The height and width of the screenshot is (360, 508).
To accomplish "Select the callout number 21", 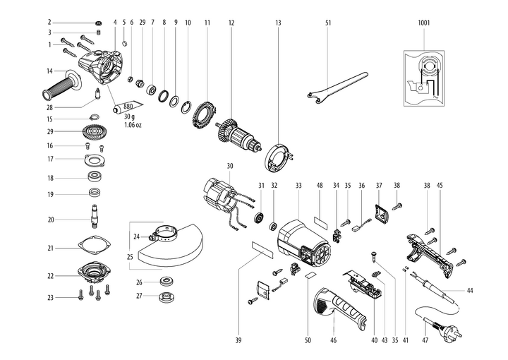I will tap(50, 248).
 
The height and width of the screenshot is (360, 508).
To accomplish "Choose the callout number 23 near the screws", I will tap(50, 298).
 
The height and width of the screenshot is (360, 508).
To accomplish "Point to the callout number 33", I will tap(298, 185).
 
